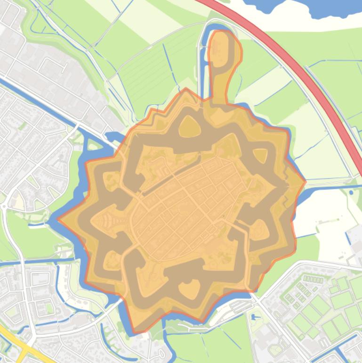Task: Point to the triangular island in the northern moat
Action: point(190,126)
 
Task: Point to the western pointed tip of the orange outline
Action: point(59,219)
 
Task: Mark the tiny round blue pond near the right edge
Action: point(351,192)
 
